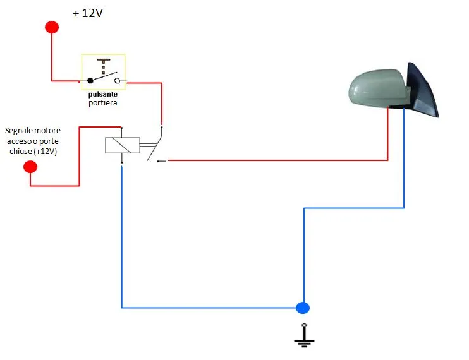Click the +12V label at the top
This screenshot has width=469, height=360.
[88, 13]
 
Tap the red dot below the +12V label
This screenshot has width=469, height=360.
[52, 27]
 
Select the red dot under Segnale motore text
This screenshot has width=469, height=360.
[30, 167]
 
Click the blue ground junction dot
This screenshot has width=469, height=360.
[303, 308]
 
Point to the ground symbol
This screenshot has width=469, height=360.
[304, 335]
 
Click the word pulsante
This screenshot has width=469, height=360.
[103, 94]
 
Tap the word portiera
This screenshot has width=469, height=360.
[103, 103]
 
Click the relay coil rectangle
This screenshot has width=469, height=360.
[123, 145]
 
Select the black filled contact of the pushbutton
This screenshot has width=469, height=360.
[90, 81]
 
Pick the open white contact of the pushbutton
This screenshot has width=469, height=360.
[118, 81]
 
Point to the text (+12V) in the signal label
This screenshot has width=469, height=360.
[45, 152]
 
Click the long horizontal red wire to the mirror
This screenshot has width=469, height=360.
[278, 160]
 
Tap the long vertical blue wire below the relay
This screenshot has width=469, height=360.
[122, 237]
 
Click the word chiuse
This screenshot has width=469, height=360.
[21, 152]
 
